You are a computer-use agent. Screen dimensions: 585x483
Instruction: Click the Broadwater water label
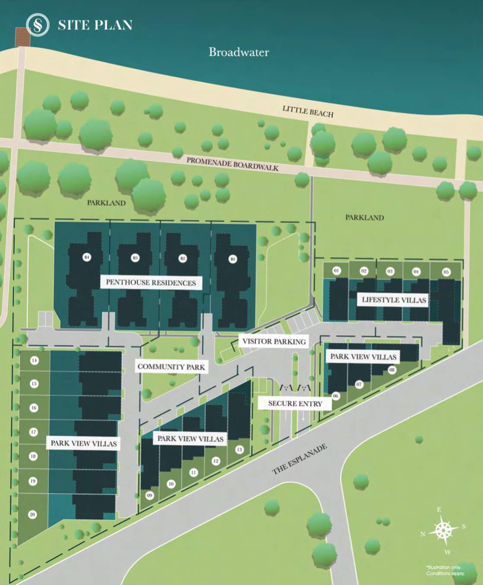click(x=238, y=52)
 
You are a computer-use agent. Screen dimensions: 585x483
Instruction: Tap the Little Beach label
click(x=308, y=111)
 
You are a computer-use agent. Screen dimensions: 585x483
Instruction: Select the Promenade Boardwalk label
click(x=232, y=164)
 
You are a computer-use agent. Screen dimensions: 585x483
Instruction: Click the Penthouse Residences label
click(x=151, y=283)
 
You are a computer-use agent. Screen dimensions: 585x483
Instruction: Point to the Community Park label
click(x=171, y=367)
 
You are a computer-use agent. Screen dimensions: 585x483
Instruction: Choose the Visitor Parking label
click(x=274, y=341)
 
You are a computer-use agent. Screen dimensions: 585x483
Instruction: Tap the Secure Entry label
click(x=295, y=404)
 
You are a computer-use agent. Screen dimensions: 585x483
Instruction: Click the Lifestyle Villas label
click(x=394, y=300)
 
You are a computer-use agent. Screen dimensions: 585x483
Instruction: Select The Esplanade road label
click(x=300, y=459)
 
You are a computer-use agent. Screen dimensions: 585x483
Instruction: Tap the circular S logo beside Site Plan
click(x=38, y=25)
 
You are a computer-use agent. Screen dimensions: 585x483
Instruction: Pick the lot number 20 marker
click(x=32, y=514)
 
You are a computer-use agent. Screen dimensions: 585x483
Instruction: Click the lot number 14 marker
click(x=34, y=360)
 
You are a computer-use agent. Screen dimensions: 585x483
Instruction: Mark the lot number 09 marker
click(x=149, y=496)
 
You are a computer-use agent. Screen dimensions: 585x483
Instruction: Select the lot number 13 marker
click(x=239, y=449)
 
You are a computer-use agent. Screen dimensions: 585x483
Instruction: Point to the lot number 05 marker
click(x=446, y=272)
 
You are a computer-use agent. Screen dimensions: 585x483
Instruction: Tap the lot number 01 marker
click(x=337, y=270)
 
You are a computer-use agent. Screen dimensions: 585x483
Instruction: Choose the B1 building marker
click(x=233, y=259)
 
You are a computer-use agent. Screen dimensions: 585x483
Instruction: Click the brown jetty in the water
click(x=22, y=37)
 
